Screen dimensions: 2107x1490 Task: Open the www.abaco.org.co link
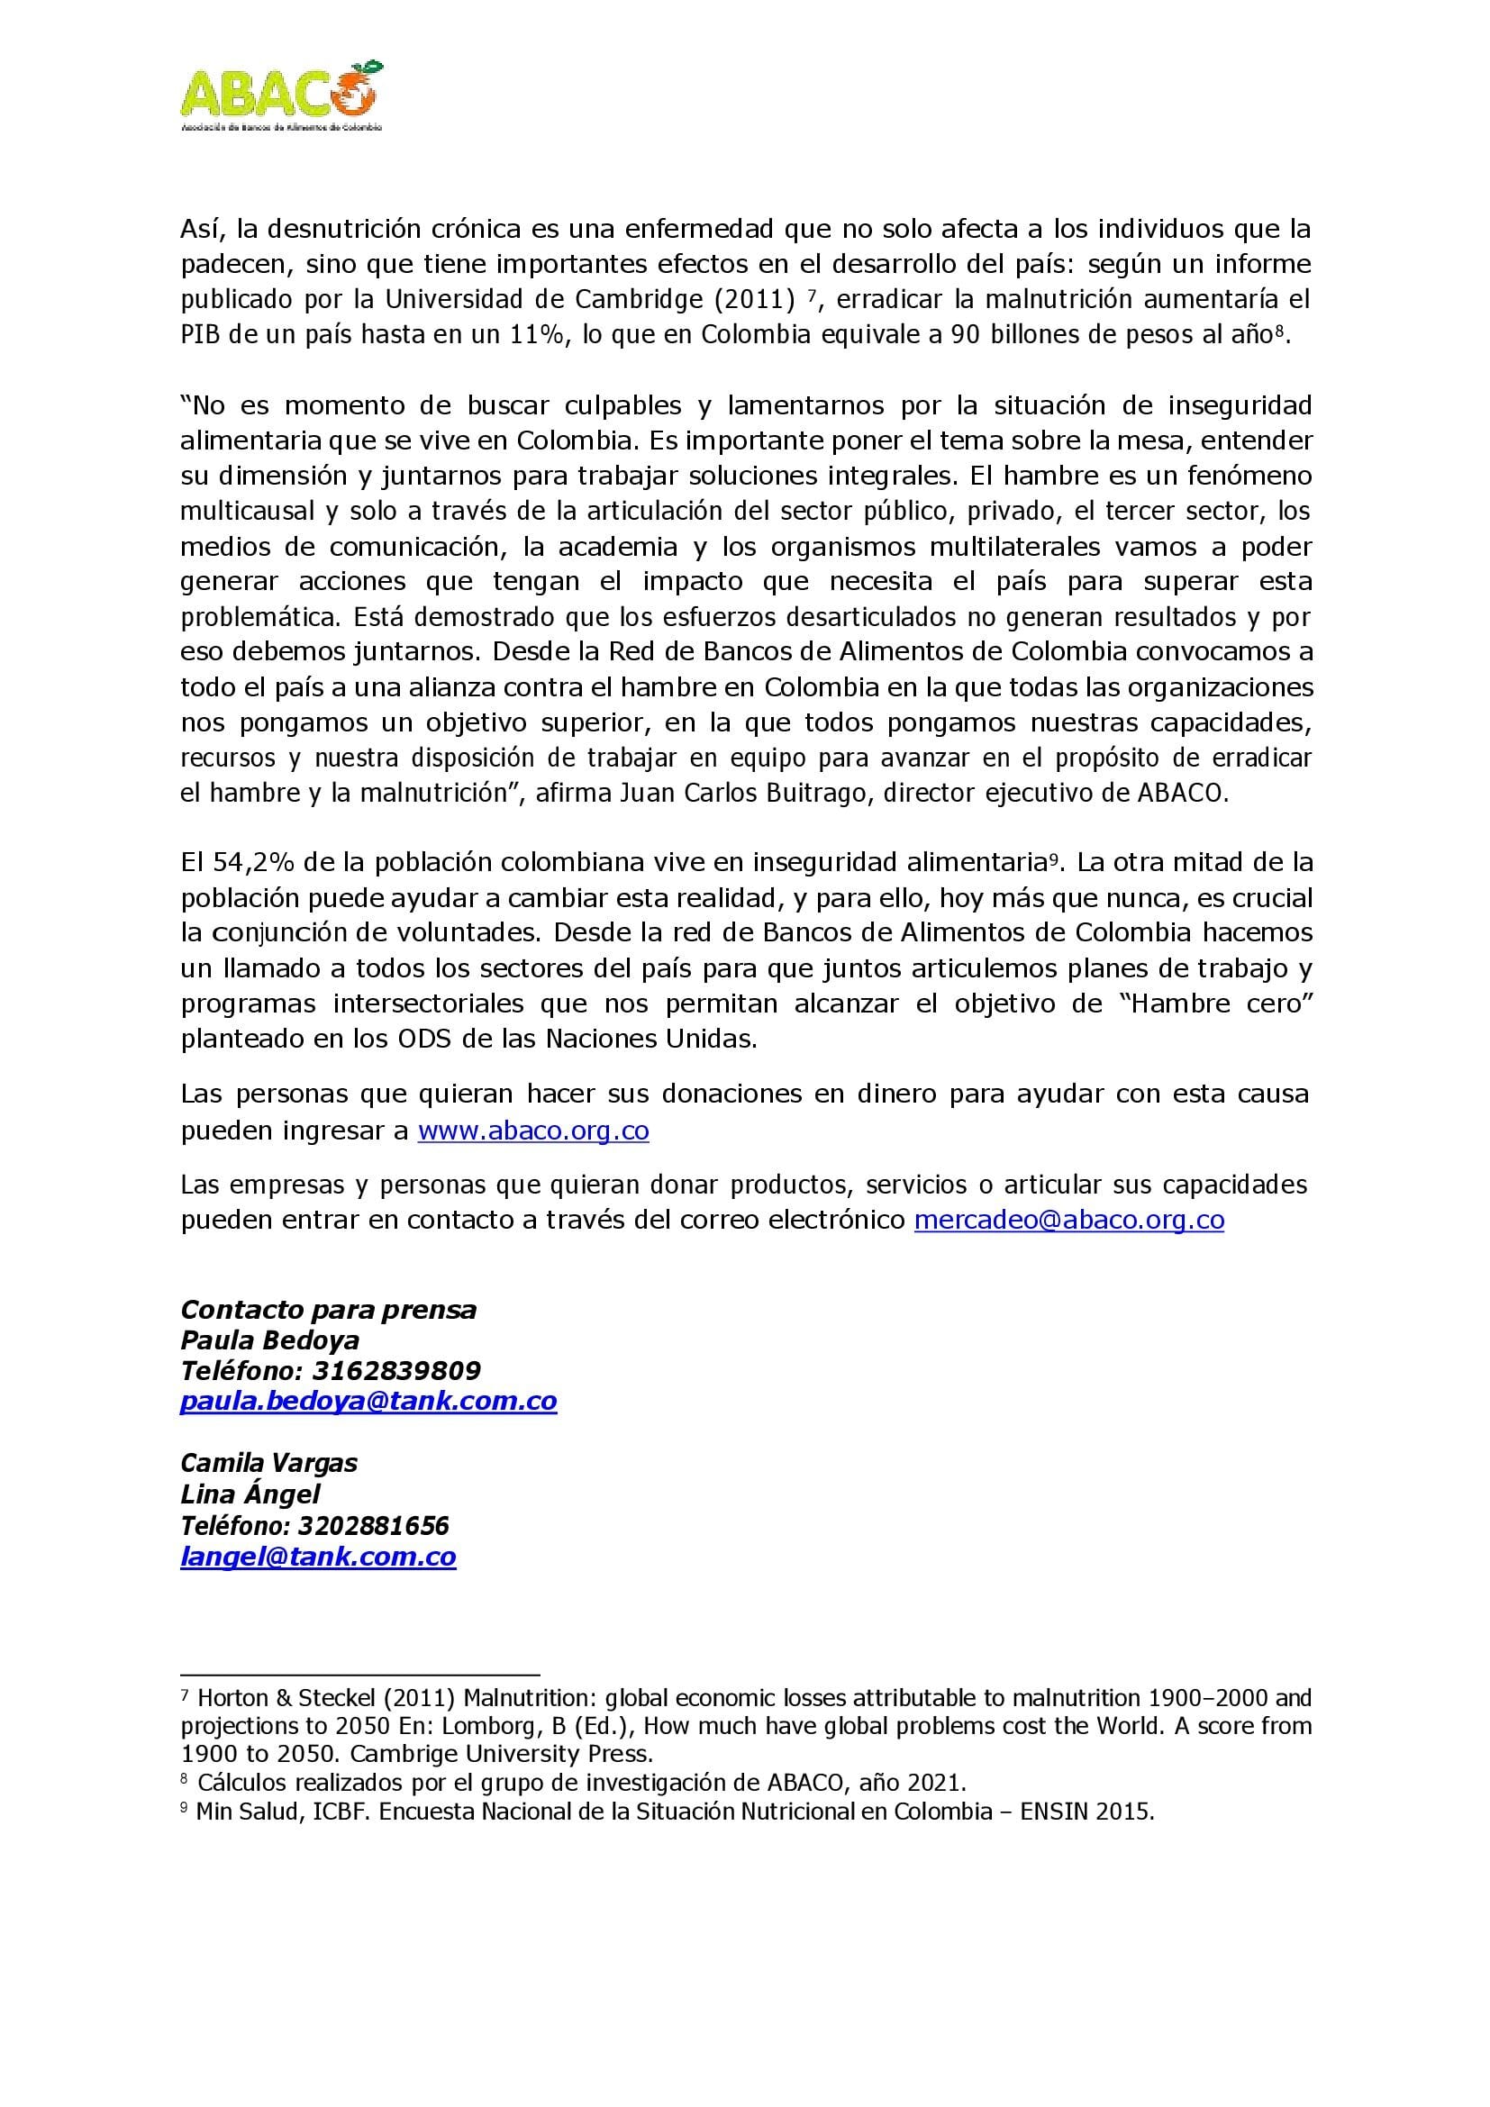(x=533, y=1131)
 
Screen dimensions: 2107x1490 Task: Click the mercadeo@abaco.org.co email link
(x=1069, y=1220)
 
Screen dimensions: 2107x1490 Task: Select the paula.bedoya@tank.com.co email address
(x=368, y=1402)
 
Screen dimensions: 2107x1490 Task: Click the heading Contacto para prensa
(x=329, y=1310)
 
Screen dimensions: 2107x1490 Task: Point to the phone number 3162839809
(x=396, y=1371)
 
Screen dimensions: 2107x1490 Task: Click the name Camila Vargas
(x=268, y=1463)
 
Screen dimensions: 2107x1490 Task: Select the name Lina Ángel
(x=250, y=1494)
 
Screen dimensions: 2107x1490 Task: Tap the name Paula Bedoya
(x=269, y=1340)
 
